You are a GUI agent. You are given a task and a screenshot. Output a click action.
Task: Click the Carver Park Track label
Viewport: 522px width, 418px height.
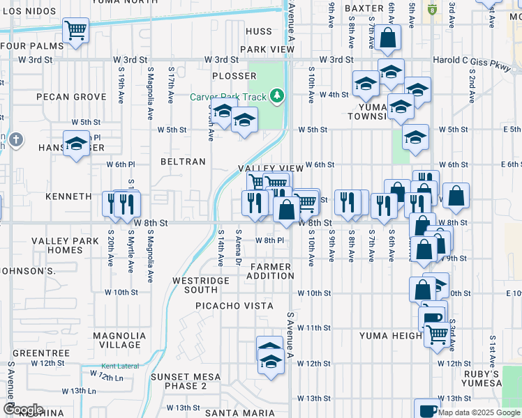pyautogui.click(x=230, y=95)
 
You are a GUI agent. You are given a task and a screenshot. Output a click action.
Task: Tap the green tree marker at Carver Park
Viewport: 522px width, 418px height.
pyautogui.click(x=278, y=95)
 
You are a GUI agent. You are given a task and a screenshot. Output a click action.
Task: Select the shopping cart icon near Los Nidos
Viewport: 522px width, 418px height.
pyautogui.click(x=75, y=30)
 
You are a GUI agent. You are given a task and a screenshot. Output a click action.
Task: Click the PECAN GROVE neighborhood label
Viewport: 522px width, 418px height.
pyautogui.click(x=61, y=96)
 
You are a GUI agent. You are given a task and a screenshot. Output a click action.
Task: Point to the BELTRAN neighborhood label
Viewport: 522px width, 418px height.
pyautogui.click(x=183, y=162)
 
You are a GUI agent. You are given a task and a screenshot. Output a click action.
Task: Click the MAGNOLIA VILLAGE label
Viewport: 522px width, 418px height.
pyautogui.click(x=110, y=340)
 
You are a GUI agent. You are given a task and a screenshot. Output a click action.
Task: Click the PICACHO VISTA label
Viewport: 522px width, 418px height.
pyautogui.click(x=234, y=306)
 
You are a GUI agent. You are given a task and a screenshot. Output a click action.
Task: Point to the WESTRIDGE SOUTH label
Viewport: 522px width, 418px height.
pyautogui.click(x=200, y=285)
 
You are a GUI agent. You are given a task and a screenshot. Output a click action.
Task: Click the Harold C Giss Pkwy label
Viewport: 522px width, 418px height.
pyautogui.click(x=472, y=60)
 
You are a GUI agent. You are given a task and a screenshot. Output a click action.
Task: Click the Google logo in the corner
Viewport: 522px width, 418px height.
pyautogui.click(x=23, y=409)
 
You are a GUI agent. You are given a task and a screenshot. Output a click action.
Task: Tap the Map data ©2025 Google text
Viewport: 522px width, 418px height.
pyautogui.click(x=479, y=412)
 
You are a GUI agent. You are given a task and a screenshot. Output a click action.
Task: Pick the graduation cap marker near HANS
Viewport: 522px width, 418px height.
pyautogui.click(x=76, y=144)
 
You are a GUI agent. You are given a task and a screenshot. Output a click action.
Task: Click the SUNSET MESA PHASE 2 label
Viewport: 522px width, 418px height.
pyautogui.click(x=186, y=381)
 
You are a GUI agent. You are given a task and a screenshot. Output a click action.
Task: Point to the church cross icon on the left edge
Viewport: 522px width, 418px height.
pyautogui.click(x=15, y=140)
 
